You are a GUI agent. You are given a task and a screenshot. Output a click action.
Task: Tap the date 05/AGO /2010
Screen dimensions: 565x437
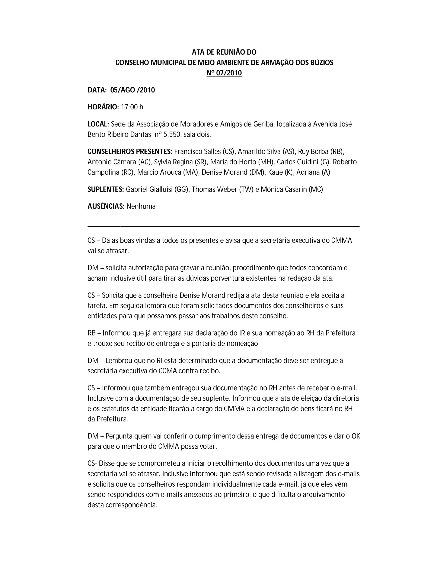click(x=133, y=90)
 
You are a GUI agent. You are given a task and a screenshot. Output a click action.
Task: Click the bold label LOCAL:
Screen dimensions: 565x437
click(x=98, y=124)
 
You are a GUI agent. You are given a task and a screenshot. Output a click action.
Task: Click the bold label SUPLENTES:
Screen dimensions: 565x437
click(x=106, y=189)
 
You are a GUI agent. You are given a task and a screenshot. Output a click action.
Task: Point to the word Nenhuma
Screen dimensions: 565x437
click(x=141, y=206)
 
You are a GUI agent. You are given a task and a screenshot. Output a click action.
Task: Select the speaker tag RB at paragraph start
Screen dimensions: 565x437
click(x=92, y=333)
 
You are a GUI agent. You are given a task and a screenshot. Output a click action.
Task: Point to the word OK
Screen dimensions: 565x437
click(x=356, y=436)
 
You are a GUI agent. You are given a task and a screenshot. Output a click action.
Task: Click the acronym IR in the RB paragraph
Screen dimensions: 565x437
click(x=241, y=333)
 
